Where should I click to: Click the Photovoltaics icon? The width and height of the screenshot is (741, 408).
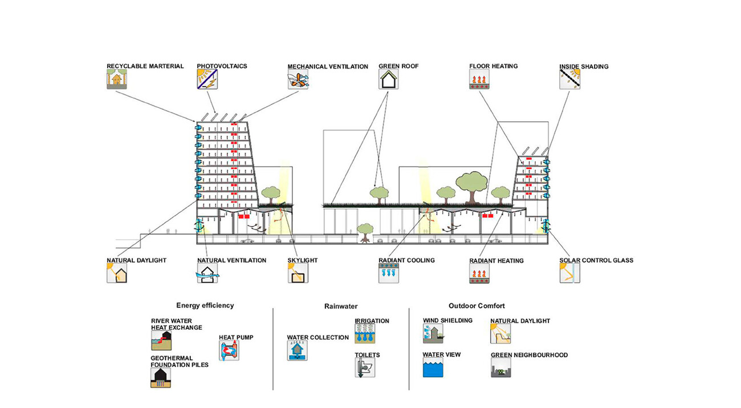[x=207, y=79]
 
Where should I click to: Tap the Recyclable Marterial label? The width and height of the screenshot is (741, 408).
[x=145, y=66]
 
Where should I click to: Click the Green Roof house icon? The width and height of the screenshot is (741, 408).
[x=388, y=79]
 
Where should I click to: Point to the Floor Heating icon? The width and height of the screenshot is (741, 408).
[x=479, y=79]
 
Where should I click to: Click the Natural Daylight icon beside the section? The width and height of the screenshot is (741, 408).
[x=116, y=273]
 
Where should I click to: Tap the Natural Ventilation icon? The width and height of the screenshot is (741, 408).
[x=207, y=273]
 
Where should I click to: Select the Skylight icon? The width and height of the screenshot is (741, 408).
[x=298, y=273]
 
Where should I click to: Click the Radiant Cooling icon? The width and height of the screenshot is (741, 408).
[x=388, y=273]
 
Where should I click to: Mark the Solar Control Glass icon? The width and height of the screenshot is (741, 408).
[x=569, y=273]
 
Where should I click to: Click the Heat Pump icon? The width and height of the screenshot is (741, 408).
[x=229, y=350]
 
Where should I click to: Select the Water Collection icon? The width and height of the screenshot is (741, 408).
[x=297, y=350]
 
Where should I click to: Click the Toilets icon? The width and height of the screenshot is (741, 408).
[x=365, y=368]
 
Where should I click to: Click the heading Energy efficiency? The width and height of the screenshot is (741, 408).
[x=205, y=305]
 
